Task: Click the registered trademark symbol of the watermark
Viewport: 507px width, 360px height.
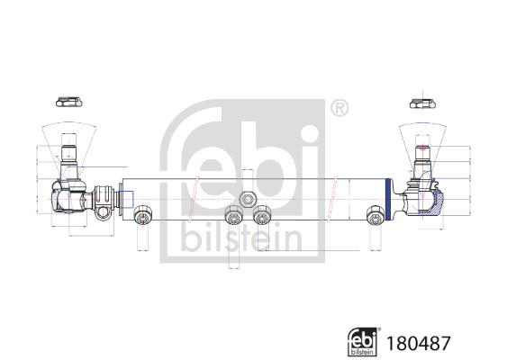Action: click(338, 110)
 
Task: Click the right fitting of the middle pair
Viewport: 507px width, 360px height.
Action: click(262, 215)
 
